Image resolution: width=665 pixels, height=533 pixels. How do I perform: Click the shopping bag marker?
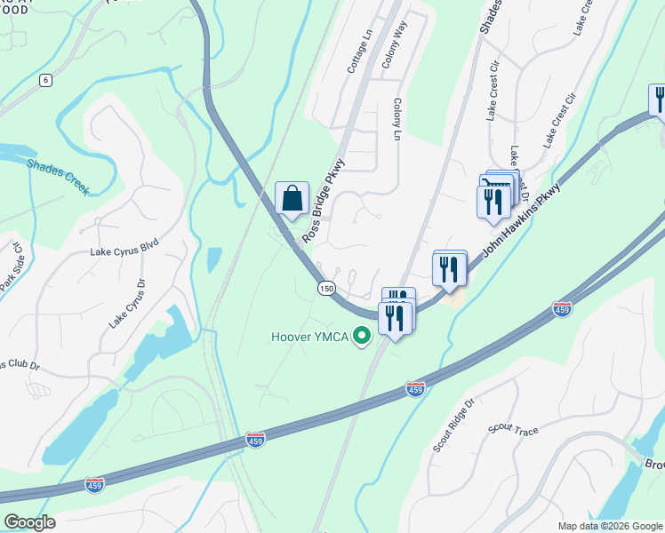click(292, 199)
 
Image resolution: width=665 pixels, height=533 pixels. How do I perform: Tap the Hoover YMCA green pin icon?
click(361, 337)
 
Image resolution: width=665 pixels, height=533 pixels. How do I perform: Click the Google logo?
click(29, 522)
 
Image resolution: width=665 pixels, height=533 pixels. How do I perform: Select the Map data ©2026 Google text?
click(609, 526)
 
